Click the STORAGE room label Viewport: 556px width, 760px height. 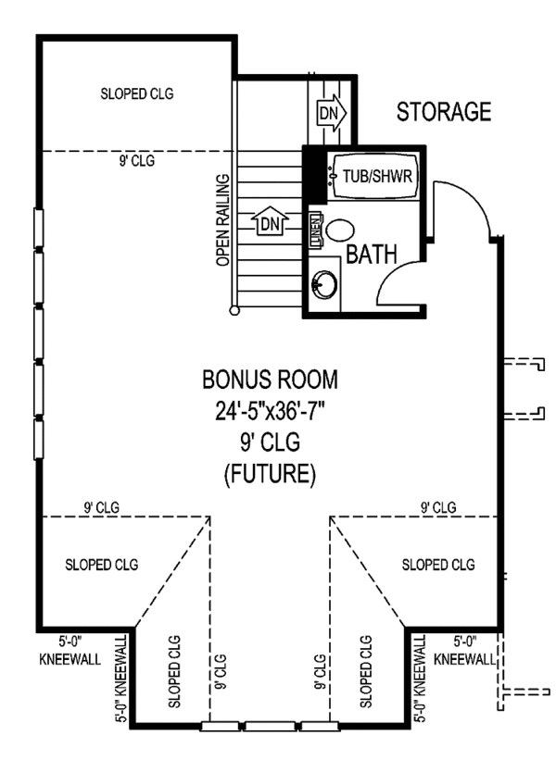[444, 112]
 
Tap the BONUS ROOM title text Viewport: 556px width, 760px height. [271, 380]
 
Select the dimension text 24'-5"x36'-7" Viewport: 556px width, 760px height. [271, 411]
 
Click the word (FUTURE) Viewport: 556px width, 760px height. [271, 473]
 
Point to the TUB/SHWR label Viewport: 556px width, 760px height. [377, 176]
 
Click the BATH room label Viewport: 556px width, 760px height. [372, 254]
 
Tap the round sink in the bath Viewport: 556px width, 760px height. [324, 284]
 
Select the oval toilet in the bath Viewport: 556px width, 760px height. [339, 230]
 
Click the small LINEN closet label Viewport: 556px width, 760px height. [316, 230]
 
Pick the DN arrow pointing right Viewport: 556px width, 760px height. [333, 114]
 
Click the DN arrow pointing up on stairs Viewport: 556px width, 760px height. [270, 221]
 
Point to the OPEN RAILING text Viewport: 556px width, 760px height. [222, 220]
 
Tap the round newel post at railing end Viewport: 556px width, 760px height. [234, 309]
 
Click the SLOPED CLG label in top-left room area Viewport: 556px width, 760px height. [137, 93]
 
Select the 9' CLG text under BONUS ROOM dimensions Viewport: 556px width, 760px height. [271, 442]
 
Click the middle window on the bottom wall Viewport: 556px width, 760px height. [270, 726]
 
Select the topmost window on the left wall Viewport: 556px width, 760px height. [38, 229]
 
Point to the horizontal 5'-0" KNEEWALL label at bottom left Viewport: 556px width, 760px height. [69, 651]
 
